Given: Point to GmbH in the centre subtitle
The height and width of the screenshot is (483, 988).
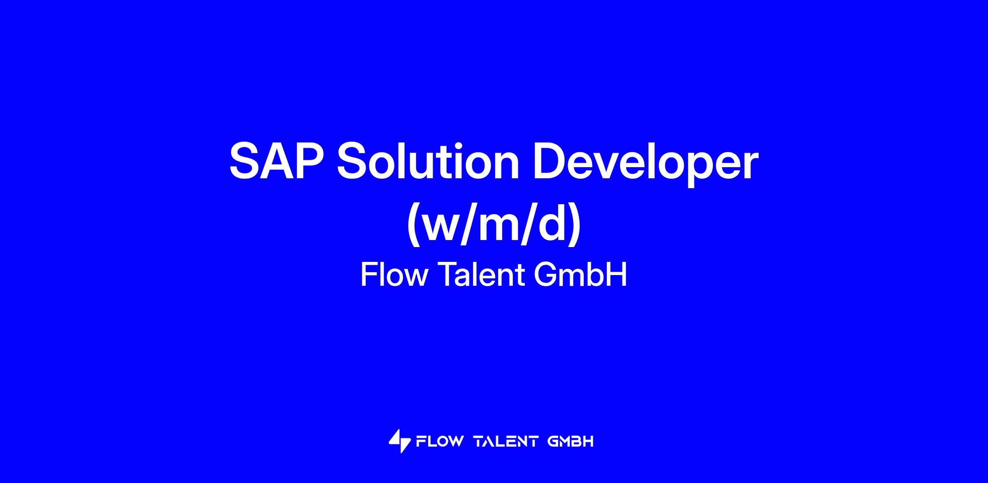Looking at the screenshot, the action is [x=580, y=274].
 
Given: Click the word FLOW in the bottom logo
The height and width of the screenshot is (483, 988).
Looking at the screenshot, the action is [x=440, y=441].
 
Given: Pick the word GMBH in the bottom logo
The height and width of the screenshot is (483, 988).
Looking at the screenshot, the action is [x=571, y=441].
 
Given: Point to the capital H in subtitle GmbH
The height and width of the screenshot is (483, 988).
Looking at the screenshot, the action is [x=617, y=274].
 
